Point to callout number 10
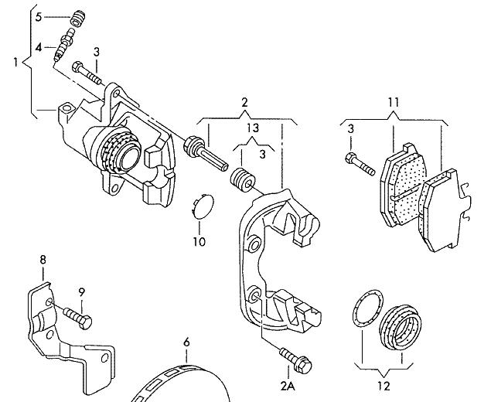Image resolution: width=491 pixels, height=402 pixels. [x=199, y=242]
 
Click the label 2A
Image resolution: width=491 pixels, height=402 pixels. [x=288, y=385]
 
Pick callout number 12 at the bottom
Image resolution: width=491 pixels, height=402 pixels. [x=384, y=385]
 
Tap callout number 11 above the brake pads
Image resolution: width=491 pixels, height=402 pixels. [x=393, y=102]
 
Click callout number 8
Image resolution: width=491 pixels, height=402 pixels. [x=43, y=261]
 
